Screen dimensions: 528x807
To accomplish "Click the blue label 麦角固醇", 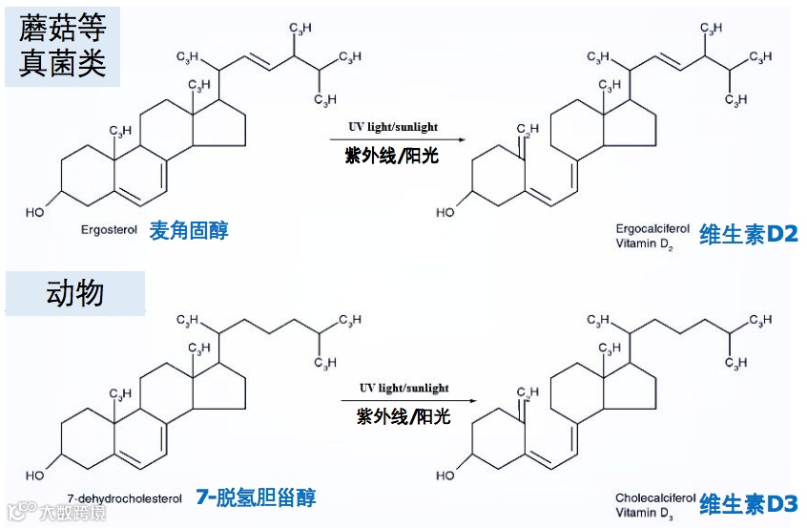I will pyautogui.click(x=189, y=230).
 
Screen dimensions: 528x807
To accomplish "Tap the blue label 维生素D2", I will pyautogui.click(x=748, y=234).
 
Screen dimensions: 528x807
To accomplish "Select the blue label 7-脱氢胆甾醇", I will pyautogui.click(x=255, y=496).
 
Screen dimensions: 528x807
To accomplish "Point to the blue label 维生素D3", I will pyautogui.click(x=748, y=503).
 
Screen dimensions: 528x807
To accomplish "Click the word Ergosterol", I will pyautogui.click(x=110, y=230).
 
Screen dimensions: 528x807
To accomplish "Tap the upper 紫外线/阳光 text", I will pyautogui.click(x=392, y=156).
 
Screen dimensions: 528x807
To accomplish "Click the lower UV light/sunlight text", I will pyautogui.click(x=403, y=388).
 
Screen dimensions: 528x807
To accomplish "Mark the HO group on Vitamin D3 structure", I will pyautogui.click(x=445, y=475).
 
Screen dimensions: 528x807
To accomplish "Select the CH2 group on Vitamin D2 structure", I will pyautogui.click(x=528, y=130).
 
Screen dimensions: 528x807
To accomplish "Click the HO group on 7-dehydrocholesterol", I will pyautogui.click(x=35, y=474).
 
